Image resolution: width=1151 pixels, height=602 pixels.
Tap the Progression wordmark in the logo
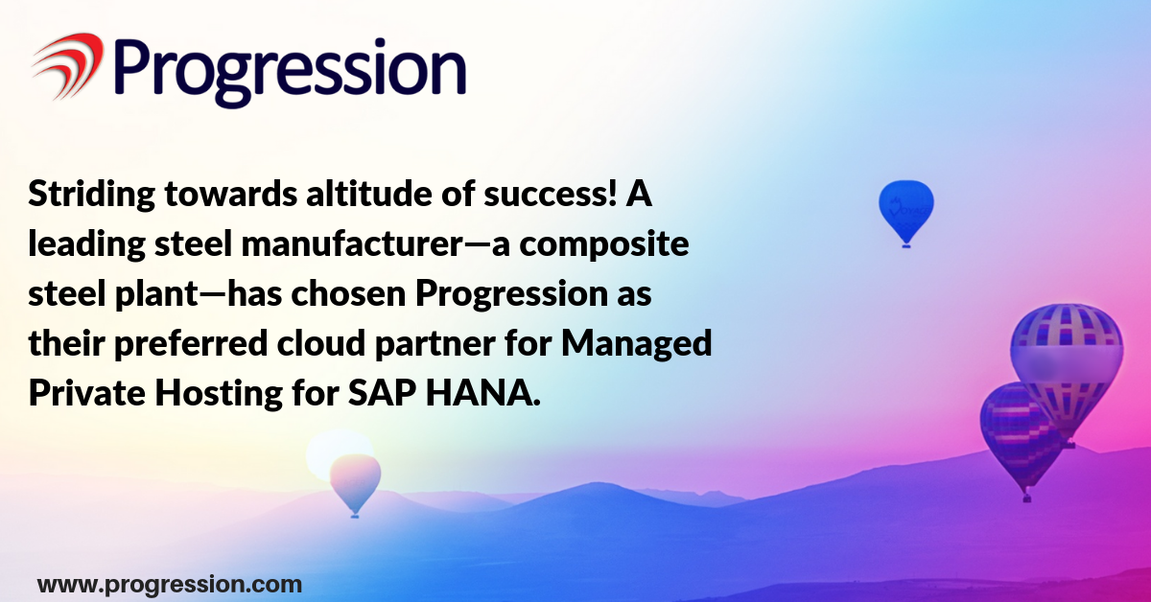291,72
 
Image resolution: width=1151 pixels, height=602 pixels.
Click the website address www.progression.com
170,585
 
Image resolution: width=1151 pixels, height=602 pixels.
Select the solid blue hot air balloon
905,211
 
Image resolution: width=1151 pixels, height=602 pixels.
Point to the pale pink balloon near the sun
355,483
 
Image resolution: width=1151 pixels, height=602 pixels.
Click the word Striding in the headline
92,196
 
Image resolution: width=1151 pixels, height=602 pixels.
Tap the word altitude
369,194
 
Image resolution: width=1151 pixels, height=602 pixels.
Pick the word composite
604,245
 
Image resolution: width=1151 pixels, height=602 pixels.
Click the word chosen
349,293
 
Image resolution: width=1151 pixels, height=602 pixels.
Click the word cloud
321,343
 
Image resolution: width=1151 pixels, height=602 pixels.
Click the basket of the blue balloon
906,246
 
